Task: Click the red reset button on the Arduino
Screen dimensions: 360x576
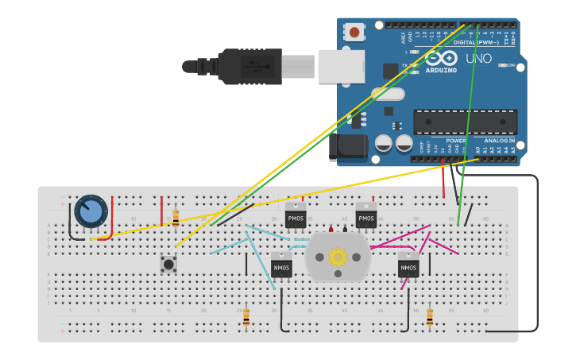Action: pyautogui.click(x=354, y=33)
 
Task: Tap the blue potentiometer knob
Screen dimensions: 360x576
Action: pyautogui.click(x=91, y=211)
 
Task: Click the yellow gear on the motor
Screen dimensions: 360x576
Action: pyautogui.click(x=338, y=257)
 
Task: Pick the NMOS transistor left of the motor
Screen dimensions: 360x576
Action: pyautogui.click(x=281, y=265)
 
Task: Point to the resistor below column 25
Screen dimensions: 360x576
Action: pyautogui.click(x=246, y=317)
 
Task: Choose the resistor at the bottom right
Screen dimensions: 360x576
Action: pyautogui.click(x=430, y=317)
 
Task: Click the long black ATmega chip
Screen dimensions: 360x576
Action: pyautogui.click(x=465, y=122)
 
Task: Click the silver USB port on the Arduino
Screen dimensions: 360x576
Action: pyautogui.click(x=341, y=66)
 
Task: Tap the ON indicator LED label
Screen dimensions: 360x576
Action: pyautogui.click(x=511, y=65)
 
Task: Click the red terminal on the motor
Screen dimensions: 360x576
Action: pyautogui.click(x=331, y=229)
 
